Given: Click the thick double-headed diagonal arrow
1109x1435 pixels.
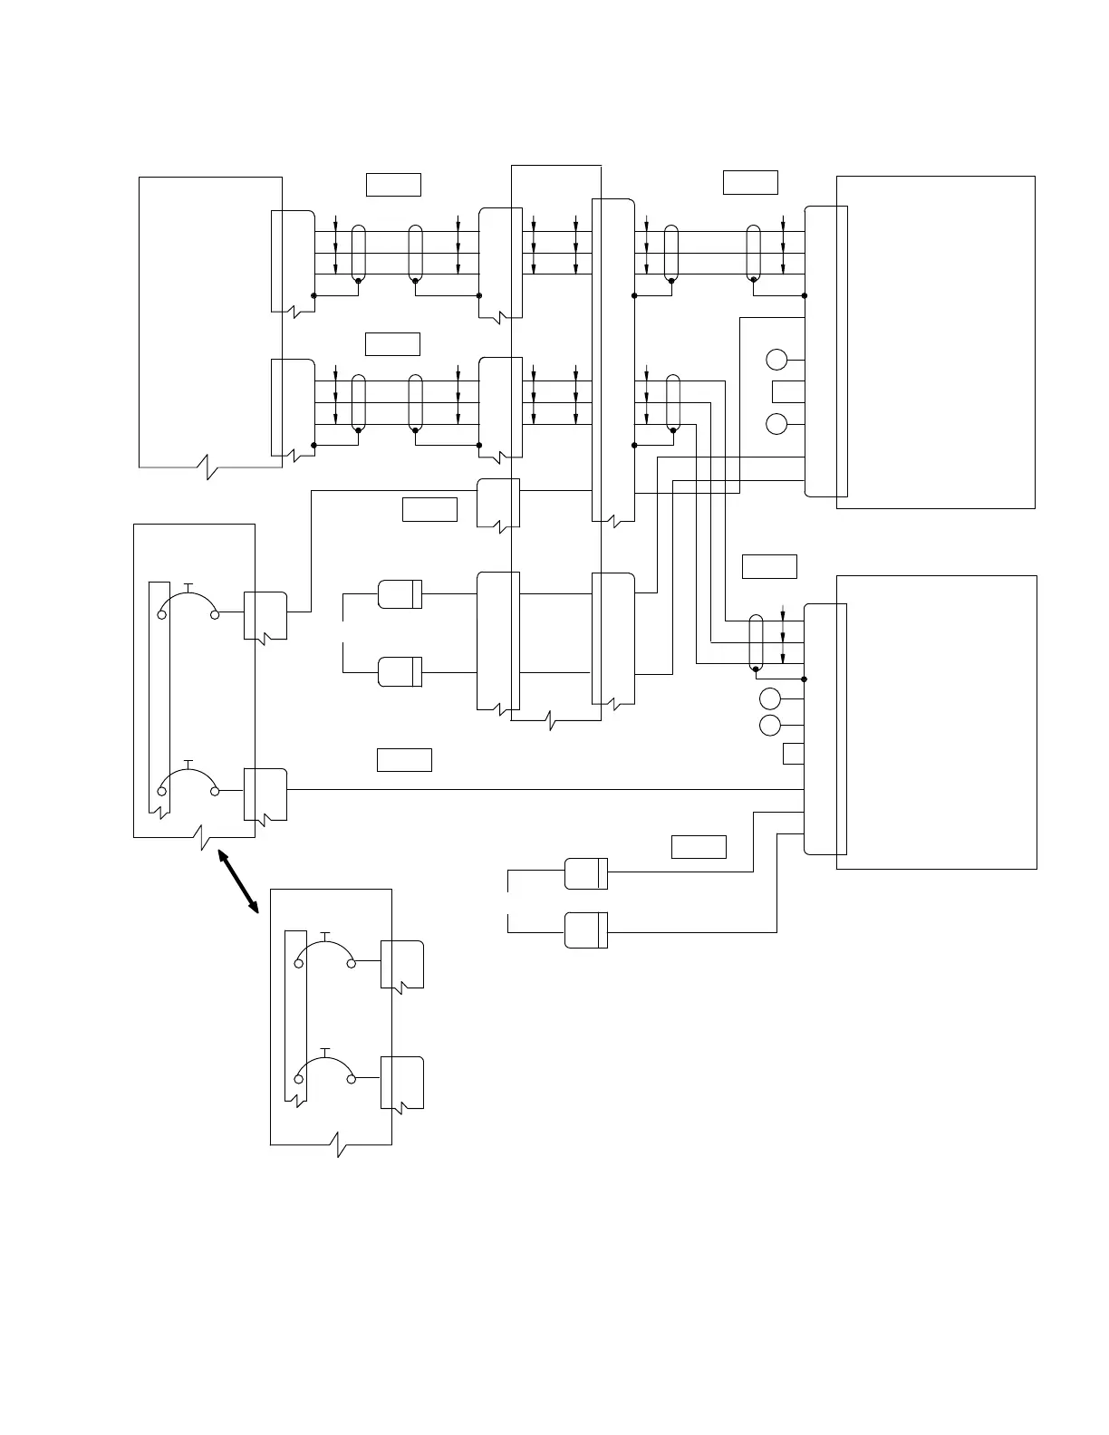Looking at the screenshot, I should coord(238,881).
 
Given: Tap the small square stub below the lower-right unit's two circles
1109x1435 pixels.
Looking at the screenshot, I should coord(794,754).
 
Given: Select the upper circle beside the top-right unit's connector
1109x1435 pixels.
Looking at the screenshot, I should coord(777,360).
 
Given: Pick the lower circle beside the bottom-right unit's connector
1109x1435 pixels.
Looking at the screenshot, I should coord(770,726).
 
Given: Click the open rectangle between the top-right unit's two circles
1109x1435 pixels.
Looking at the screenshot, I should coord(788,391).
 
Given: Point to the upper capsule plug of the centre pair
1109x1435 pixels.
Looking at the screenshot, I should coord(400,594).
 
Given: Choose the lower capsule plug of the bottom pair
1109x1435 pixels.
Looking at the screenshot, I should coord(586,930).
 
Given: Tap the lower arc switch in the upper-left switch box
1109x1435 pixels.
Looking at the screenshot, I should coord(188,779).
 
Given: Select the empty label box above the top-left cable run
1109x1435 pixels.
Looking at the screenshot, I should coord(393,184).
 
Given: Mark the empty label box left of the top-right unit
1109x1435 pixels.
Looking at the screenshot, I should coord(750,182).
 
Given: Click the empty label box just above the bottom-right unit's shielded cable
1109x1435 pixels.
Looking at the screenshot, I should coord(769,566).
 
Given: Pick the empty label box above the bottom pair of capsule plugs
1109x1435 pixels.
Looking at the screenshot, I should coord(699,847).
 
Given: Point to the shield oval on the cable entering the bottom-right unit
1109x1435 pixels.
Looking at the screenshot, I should coord(757,644).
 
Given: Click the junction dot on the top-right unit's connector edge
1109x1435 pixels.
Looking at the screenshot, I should coord(805,295).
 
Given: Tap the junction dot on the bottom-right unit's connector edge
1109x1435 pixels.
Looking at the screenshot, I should coord(805,679).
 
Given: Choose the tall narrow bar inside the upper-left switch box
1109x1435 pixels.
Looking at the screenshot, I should coord(159,698).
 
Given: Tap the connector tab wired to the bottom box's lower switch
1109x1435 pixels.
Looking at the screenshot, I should coord(401,1083).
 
